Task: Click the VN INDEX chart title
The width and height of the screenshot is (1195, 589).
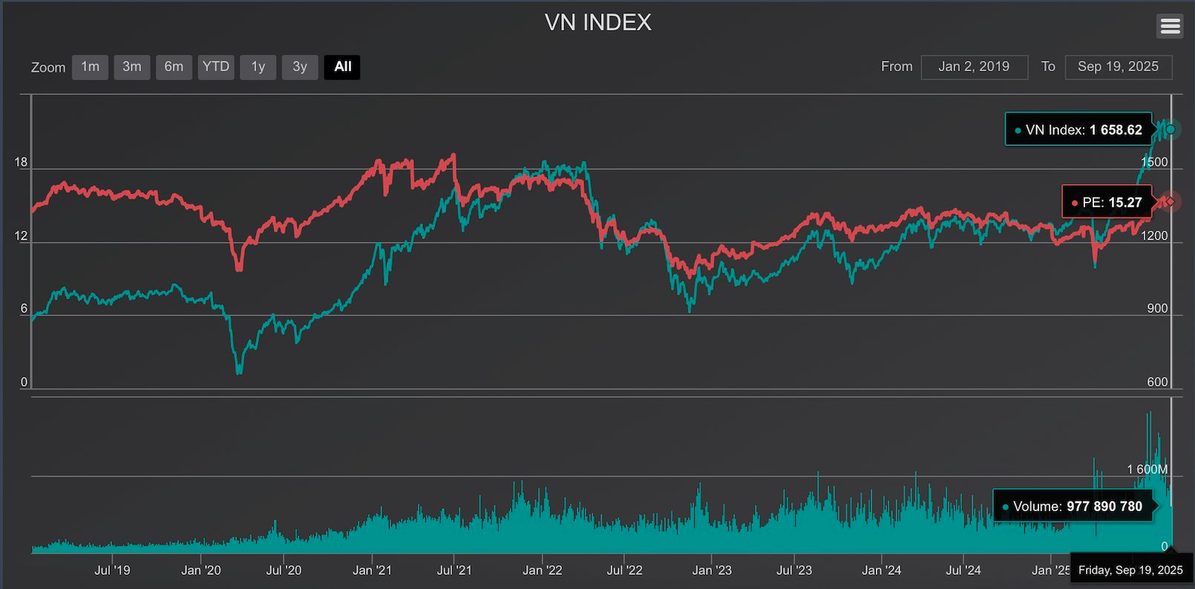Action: [597, 23]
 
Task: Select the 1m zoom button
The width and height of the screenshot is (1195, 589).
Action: [90, 67]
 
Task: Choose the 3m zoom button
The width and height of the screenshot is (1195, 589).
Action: [132, 67]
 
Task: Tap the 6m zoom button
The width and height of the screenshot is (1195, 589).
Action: [174, 67]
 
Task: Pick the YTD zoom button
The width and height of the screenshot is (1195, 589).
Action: [216, 67]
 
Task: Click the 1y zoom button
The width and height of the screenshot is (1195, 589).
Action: [258, 67]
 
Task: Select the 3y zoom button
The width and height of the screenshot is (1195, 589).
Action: [300, 67]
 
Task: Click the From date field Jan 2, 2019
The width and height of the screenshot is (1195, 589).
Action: [974, 67]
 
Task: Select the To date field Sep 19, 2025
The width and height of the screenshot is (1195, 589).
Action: [1118, 67]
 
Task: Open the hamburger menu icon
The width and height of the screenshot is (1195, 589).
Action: [1170, 27]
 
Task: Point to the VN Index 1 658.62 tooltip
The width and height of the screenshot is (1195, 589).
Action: [1078, 130]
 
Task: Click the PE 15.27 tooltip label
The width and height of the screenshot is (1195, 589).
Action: [1107, 202]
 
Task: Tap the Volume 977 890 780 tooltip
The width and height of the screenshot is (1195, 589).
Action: [1073, 507]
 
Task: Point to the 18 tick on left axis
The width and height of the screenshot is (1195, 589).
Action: [21, 162]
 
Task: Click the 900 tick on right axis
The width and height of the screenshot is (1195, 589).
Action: [1157, 309]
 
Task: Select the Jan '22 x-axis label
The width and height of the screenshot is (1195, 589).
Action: [543, 570]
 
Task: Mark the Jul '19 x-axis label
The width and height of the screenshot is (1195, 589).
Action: [112, 570]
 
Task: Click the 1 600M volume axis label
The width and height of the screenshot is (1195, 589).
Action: [1147, 470]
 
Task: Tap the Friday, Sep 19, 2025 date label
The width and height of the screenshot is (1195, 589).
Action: [1130, 570]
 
